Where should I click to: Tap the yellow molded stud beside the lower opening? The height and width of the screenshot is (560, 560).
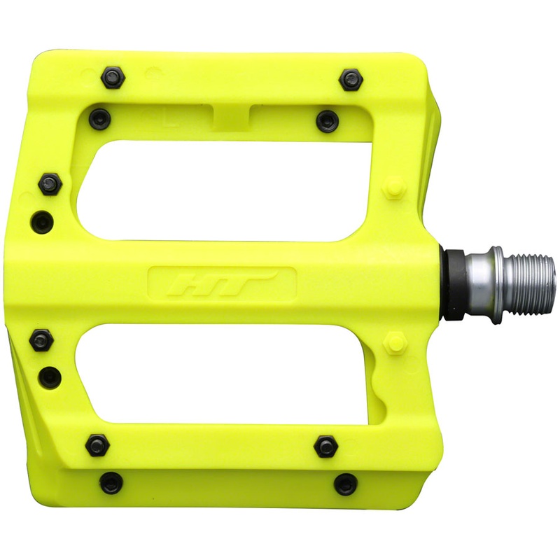[395, 344]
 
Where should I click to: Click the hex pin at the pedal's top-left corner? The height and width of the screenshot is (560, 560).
[113, 77]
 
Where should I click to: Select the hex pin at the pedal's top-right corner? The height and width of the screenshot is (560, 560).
[350, 80]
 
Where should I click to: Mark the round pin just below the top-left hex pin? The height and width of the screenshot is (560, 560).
[101, 120]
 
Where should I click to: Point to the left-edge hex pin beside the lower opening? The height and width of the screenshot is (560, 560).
[41, 341]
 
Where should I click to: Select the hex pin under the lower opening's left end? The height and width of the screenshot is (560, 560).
[97, 444]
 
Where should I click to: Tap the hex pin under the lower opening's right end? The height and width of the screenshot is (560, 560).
[325, 446]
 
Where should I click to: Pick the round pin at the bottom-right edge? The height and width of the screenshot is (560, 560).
[346, 484]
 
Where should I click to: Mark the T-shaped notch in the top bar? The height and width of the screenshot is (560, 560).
[231, 112]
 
